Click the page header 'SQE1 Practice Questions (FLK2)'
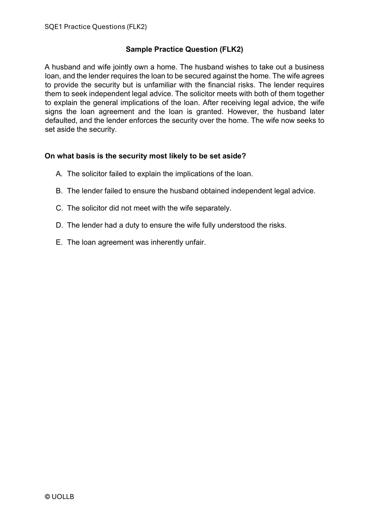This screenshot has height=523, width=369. click(96, 27)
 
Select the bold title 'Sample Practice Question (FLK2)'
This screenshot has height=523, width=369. click(184, 49)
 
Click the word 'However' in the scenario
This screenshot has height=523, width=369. click(242, 112)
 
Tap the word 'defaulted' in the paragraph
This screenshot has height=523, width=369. click(60, 120)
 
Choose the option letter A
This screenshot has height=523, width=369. click(59, 174)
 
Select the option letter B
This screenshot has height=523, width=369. click(59, 191)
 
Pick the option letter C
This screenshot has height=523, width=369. click(59, 208)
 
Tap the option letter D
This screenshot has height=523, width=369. click(59, 225)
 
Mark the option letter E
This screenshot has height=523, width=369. click(59, 242)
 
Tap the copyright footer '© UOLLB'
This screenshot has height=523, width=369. click(60, 497)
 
